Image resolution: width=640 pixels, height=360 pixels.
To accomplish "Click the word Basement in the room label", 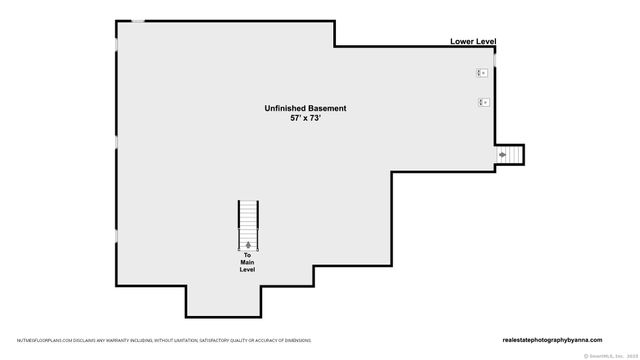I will pos(330,108).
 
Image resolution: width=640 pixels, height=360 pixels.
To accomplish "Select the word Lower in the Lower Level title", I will pos(463,42).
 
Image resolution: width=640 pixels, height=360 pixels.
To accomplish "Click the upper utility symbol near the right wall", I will pos(481,73).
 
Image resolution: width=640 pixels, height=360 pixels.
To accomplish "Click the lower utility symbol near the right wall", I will pos(482,102).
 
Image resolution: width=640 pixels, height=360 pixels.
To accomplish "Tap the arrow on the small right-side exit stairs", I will pos(503,155).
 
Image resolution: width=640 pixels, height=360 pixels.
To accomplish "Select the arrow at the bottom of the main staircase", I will pos(248,245).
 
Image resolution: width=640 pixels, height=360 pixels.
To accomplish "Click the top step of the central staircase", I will pos(248,203).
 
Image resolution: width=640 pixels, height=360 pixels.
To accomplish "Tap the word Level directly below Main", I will pos(248,271).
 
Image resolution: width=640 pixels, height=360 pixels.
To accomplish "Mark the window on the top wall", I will pos(138,21).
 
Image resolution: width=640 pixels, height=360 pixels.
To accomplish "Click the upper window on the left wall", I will pos(116,43).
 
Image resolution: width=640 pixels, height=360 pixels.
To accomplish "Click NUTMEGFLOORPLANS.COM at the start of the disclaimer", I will pos(39,340).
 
